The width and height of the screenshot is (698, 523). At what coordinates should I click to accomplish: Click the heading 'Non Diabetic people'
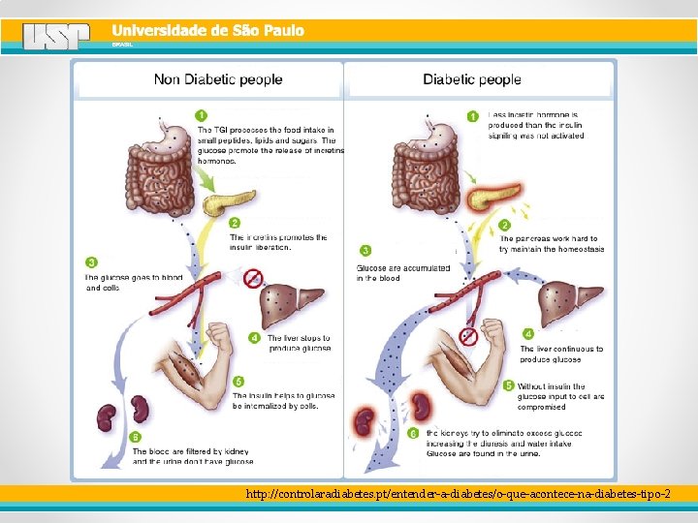pyautogui.click(x=218, y=79)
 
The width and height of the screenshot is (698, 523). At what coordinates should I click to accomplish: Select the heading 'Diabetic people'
pyautogui.click(x=471, y=79)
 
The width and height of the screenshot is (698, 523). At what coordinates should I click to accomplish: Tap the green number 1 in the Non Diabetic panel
pyautogui.click(x=202, y=115)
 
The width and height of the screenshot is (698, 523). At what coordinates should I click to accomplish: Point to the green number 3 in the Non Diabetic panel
pyautogui.click(x=91, y=262)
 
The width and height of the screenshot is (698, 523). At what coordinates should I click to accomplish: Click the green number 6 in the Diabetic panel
pyautogui.click(x=413, y=433)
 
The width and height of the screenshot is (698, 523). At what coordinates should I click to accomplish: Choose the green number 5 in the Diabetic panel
pyautogui.click(x=509, y=385)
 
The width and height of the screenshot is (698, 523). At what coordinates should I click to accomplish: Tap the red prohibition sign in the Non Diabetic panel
pyautogui.click(x=253, y=279)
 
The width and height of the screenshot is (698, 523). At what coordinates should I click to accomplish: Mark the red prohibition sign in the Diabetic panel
pyautogui.click(x=468, y=336)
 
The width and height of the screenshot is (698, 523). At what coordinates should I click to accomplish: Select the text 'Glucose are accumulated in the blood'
pyautogui.click(x=403, y=273)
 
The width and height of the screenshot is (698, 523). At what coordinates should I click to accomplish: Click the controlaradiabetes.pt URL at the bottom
pyautogui.click(x=458, y=494)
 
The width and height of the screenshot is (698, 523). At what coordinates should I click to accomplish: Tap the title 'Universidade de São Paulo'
pyautogui.click(x=207, y=31)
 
